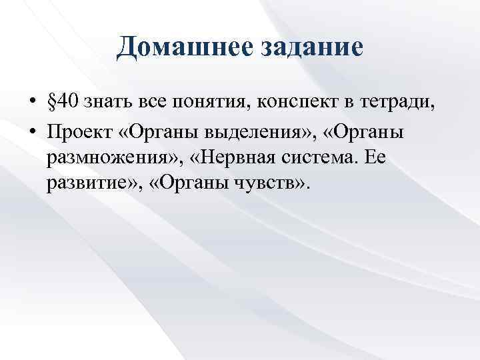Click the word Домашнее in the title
coord(175,48)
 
